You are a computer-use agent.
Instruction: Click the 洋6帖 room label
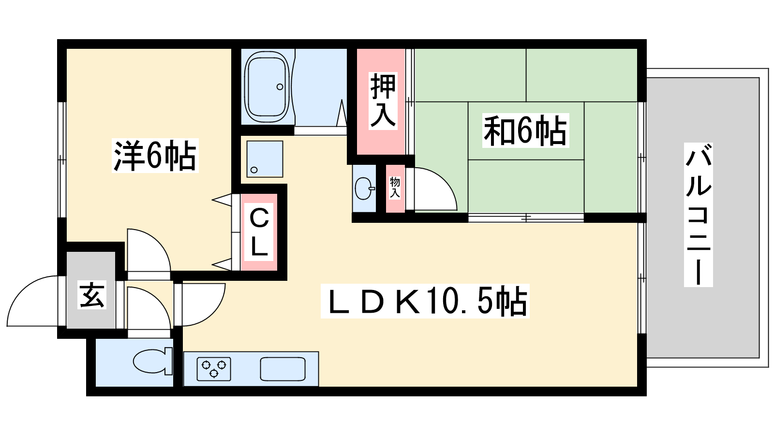point(155,155)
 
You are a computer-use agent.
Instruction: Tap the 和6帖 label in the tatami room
point(525,130)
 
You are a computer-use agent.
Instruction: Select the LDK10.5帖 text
point(425,301)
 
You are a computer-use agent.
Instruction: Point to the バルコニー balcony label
point(699,215)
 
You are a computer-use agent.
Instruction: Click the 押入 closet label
point(383,101)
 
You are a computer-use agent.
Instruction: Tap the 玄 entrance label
point(92,295)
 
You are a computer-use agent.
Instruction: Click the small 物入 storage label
point(395,188)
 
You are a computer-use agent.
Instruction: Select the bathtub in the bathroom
point(267,87)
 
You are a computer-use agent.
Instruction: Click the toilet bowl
point(153,361)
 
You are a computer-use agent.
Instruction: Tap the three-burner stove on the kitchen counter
point(214,369)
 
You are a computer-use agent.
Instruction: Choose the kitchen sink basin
point(283,369)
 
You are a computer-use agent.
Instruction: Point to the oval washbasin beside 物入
point(364,188)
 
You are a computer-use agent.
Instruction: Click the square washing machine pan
point(265,159)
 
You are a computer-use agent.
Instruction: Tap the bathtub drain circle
point(280,87)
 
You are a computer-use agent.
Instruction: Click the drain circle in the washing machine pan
point(254,170)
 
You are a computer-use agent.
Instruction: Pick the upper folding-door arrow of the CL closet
point(222,200)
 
